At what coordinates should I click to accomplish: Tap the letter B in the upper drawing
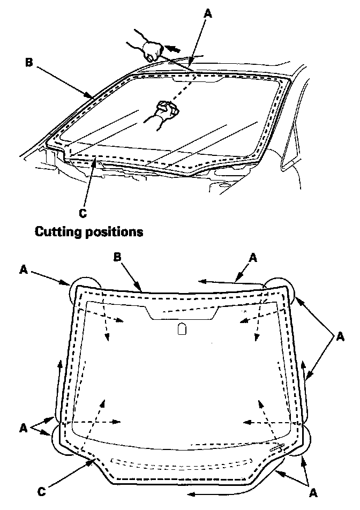(x=29, y=62)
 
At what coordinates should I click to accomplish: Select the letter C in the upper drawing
(x=82, y=213)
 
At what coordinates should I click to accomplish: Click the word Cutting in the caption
(x=56, y=232)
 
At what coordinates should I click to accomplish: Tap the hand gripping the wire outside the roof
(x=151, y=50)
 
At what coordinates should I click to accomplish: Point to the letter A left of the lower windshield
(x=23, y=429)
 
